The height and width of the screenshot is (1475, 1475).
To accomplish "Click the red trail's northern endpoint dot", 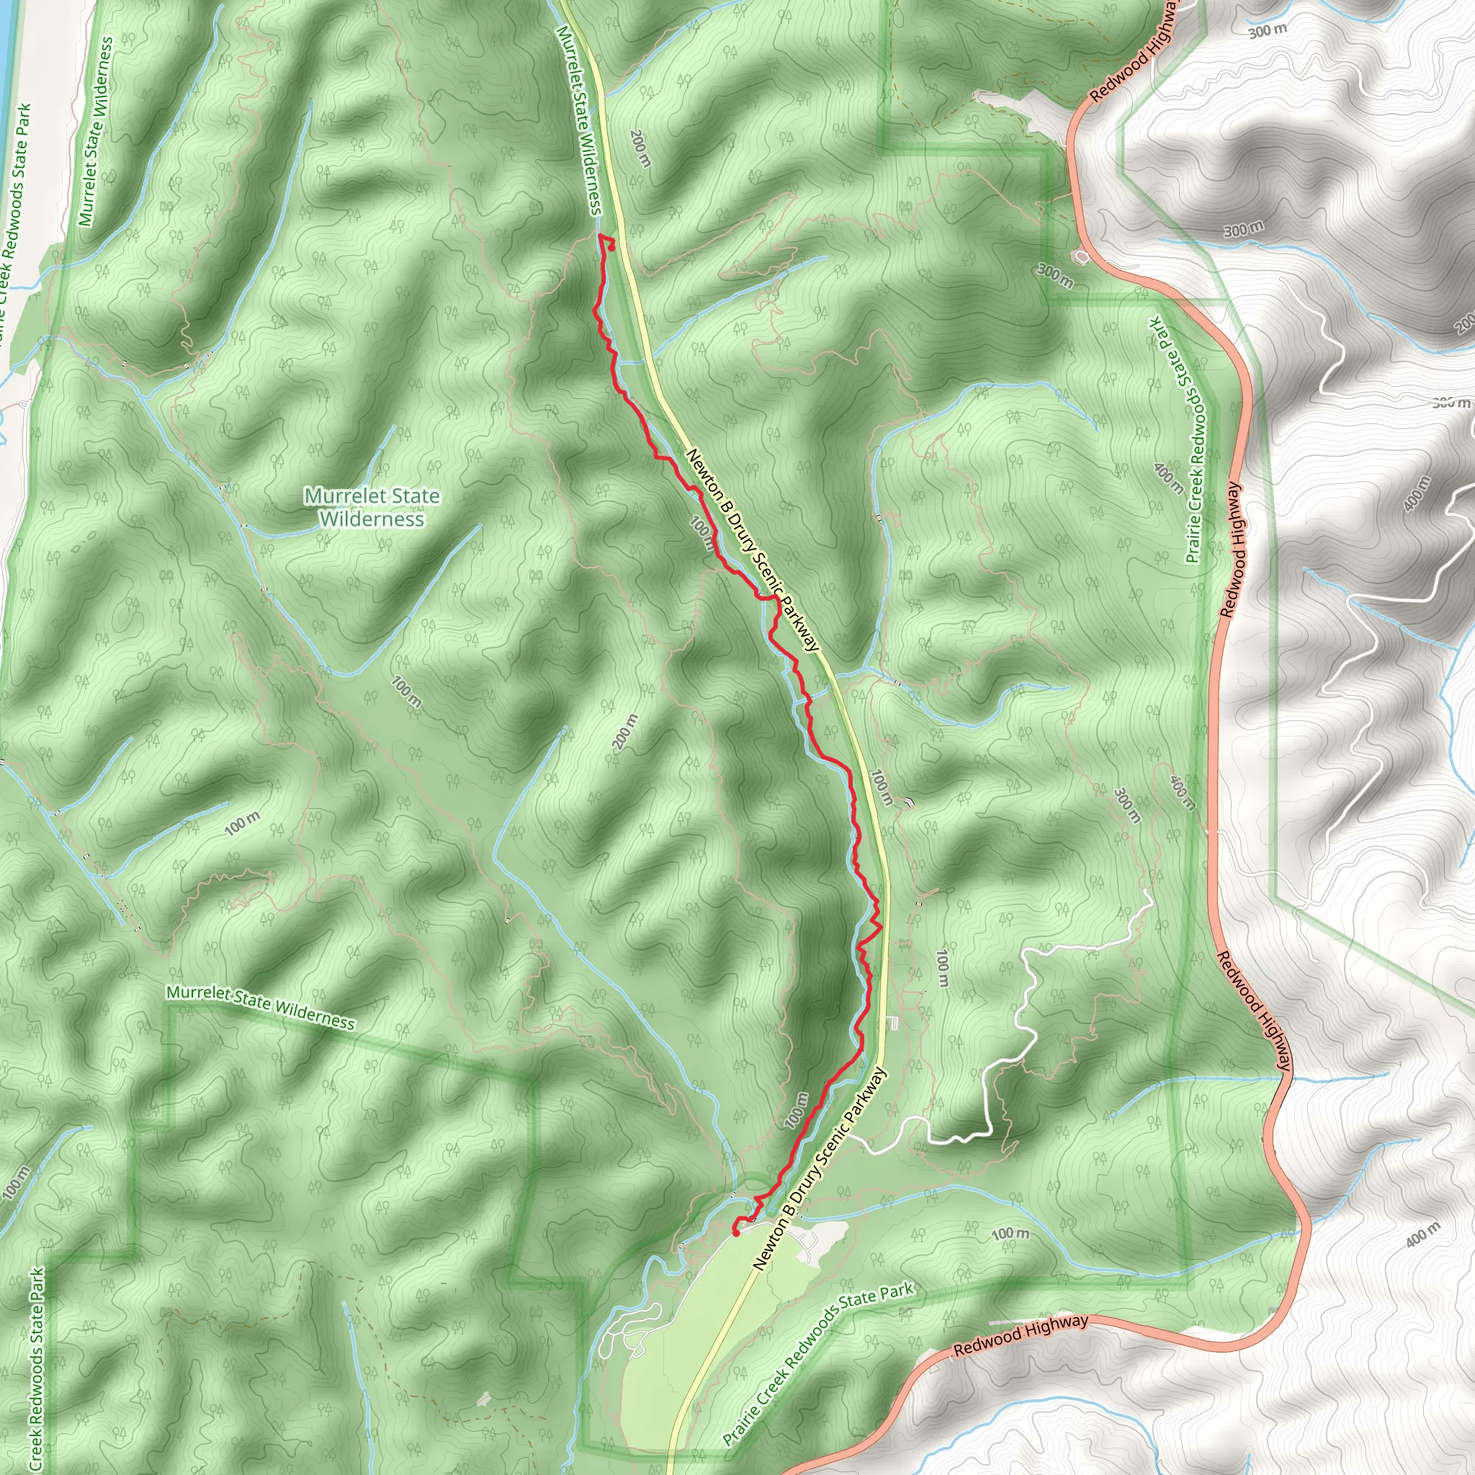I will pos(612,246).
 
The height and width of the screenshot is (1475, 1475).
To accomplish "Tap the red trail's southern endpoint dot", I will pos(736,1232).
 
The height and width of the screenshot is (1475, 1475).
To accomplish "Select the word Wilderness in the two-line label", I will pos(372,519).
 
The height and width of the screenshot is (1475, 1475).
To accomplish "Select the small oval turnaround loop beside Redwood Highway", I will pos(1082,256).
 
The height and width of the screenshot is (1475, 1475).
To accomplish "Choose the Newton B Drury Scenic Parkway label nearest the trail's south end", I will pos(822,1168).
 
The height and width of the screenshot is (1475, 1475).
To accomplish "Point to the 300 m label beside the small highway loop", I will pos(1055,277).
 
